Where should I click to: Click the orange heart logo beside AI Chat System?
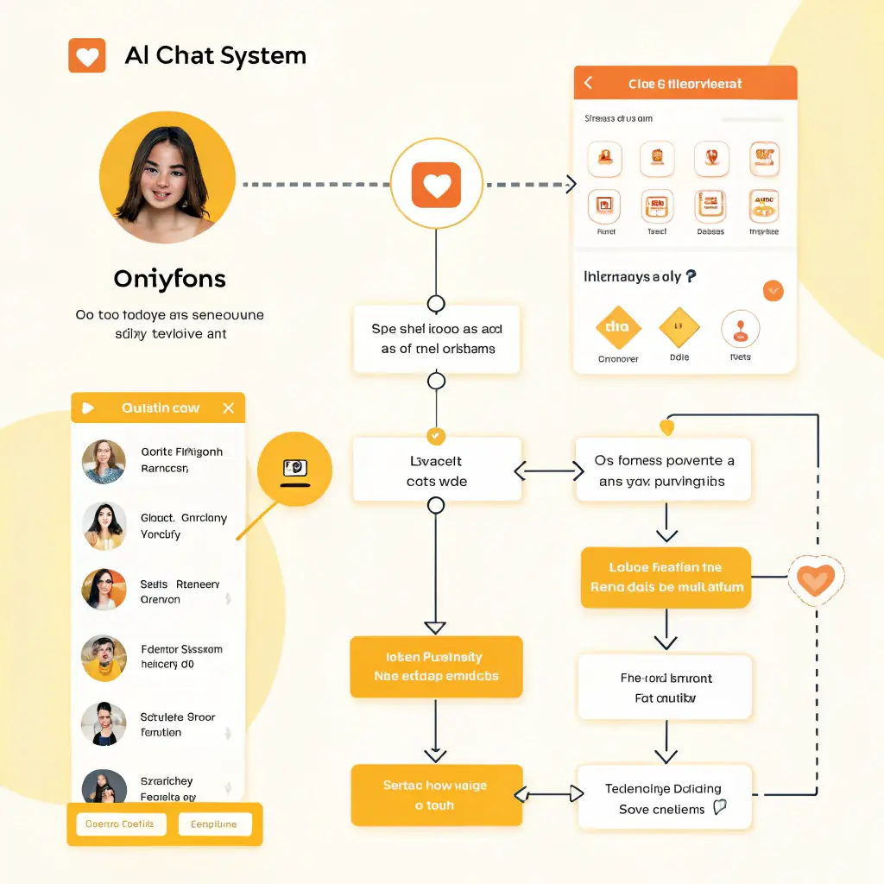(86, 56)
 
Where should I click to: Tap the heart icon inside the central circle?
(436, 185)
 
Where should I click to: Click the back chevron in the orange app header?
(589, 83)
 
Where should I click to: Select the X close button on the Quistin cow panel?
(228, 408)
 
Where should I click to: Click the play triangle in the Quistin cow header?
(87, 408)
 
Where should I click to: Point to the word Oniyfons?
(169, 279)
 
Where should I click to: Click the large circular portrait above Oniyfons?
(167, 177)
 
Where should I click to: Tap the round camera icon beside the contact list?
(294, 469)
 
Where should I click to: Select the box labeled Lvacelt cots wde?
(437, 470)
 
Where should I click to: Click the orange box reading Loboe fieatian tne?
(665, 578)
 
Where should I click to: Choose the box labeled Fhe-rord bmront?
(665, 687)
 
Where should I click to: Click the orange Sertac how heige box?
(436, 795)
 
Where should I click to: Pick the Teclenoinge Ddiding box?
(664, 799)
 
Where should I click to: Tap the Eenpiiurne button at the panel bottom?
(214, 824)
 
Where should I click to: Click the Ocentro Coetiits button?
(120, 824)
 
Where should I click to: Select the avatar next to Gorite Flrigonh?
(104, 461)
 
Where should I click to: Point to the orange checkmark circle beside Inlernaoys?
(773, 290)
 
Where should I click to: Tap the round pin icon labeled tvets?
(740, 330)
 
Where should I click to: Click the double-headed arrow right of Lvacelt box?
(549, 471)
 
